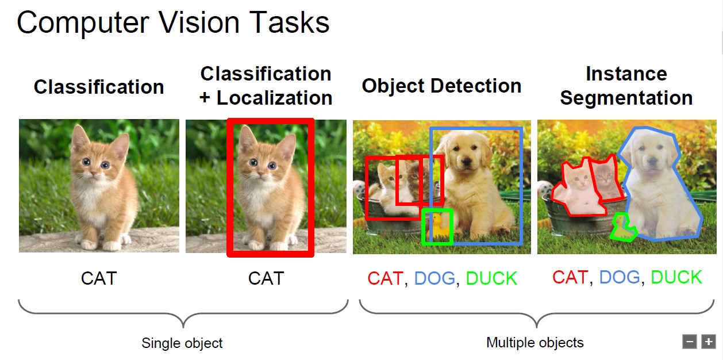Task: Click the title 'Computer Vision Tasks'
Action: [x=173, y=22]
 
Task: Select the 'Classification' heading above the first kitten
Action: [x=99, y=87]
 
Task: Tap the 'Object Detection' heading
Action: [x=441, y=86]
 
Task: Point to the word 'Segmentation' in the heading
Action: [x=626, y=98]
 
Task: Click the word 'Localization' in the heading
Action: [x=274, y=98]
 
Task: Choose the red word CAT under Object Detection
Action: [x=386, y=278]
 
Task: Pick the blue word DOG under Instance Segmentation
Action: [x=620, y=277]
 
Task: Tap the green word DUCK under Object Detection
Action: [x=491, y=278]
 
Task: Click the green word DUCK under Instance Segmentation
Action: [x=676, y=277]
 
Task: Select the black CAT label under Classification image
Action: [x=99, y=278]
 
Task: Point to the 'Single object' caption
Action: [x=182, y=343]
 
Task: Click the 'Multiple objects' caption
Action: [x=535, y=343]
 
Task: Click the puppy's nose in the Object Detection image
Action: [x=467, y=161]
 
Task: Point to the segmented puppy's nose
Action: [x=652, y=160]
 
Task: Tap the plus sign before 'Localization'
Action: [x=205, y=98]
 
